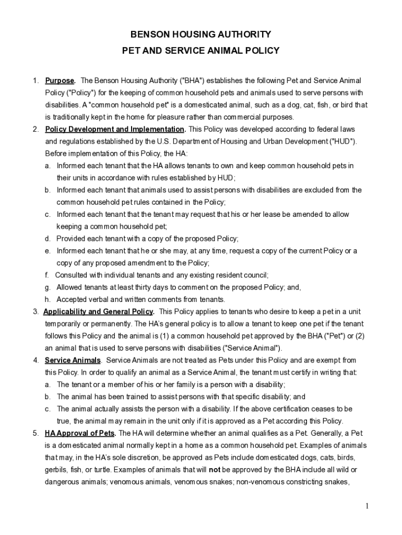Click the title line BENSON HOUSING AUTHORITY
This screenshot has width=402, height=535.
pyautogui.click(x=201, y=34)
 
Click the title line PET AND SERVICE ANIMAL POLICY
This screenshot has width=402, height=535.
pyautogui.click(x=201, y=51)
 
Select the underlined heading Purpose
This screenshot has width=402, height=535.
pyautogui.click(x=60, y=81)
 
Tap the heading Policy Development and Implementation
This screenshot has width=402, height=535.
pyautogui.click(x=115, y=130)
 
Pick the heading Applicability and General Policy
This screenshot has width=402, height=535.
pyautogui.click(x=98, y=312)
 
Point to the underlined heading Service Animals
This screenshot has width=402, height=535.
pyautogui.click(x=73, y=360)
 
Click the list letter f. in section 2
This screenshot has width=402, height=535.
pyautogui.click(x=46, y=275)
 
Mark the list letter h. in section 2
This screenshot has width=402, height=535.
pyautogui.click(x=47, y=299)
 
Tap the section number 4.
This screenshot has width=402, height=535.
pyautogui.click(x=36, y=360)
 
